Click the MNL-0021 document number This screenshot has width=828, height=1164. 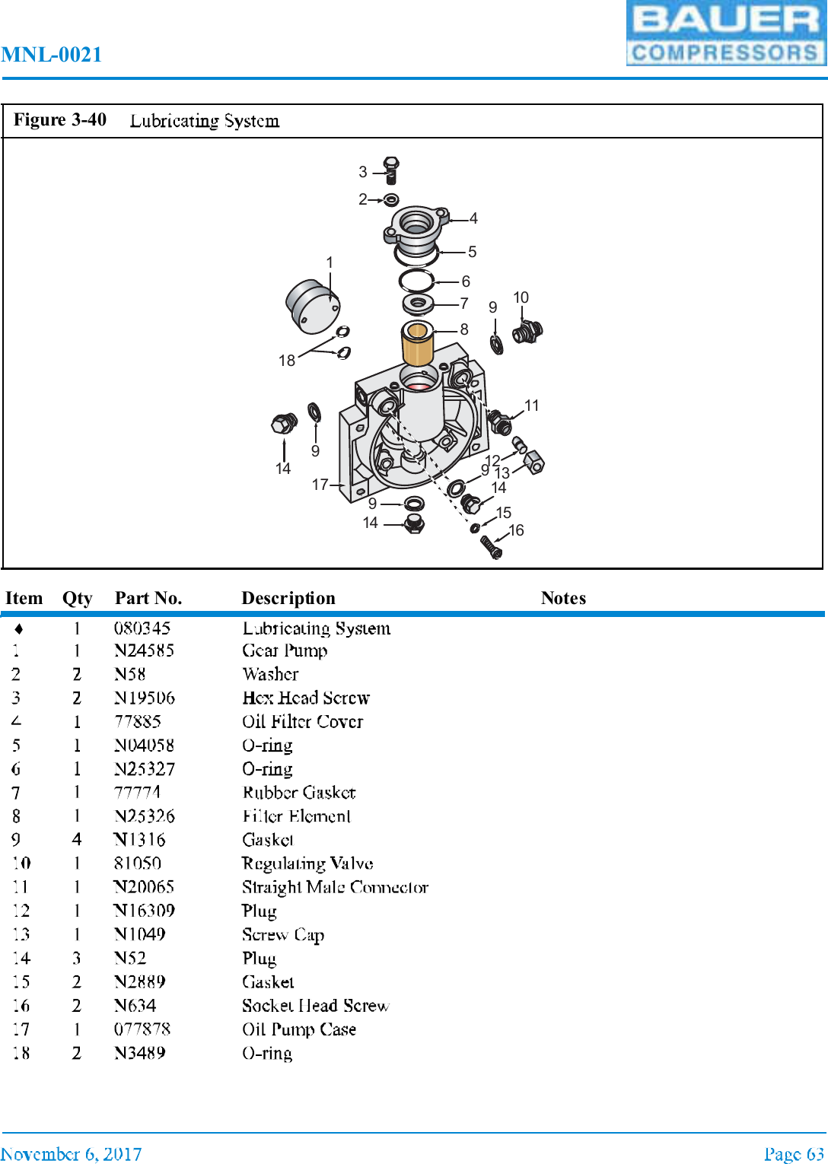(x=52, y=55)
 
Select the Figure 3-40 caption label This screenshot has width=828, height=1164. (x=60, y=120)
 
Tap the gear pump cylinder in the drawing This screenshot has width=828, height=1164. (x=311, y=306)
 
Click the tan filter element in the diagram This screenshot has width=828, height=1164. (x=417, y=344)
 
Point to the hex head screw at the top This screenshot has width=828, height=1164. (x=391, y=170)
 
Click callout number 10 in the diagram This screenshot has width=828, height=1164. (x=521, y=297)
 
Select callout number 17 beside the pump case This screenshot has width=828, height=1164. (x=320, y=485)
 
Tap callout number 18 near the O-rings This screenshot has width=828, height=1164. (x=286, y=361)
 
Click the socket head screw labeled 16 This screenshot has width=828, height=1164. (x=492, y=546)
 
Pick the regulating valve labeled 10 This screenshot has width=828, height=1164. (x=527, y=332)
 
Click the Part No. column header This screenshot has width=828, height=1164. (x=148, y=598)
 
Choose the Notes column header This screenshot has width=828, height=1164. (x=563, y=598)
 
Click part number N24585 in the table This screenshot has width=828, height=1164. (x=144, y=650)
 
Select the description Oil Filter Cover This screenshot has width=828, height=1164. (x=302, y=721)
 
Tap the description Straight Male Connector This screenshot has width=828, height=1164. (x=335, y=887)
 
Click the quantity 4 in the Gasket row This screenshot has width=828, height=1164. (x=77, y=840)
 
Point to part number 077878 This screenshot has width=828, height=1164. (x=142, y=1029)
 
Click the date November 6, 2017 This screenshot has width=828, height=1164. (x=71, y=1154)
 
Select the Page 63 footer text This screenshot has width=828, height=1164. (x=794, y=1154)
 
